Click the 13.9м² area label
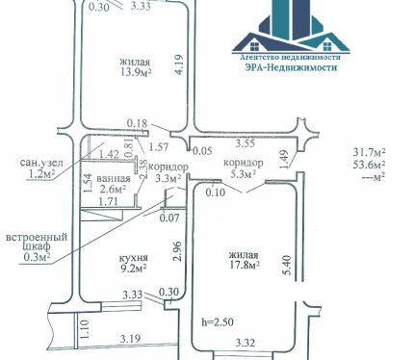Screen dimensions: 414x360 point(136,72)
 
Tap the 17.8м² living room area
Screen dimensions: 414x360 point(245,266)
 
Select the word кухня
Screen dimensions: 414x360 point(134,258)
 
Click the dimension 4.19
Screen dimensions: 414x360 point(179,64)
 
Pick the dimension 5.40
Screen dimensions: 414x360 point(287,265)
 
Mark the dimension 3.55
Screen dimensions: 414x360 point(246,143)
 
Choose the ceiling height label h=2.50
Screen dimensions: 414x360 point(218,321)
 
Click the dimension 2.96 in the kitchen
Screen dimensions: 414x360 point(177,251)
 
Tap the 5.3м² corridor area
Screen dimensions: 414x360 point(244,174)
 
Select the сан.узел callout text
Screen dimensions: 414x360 point(41,163)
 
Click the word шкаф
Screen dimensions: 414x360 point(37,247)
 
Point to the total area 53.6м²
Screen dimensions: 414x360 point(370,165)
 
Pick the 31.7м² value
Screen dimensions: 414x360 point(370,152)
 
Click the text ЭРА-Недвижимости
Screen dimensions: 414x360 point(291,67)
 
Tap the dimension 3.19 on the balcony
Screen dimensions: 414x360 point(130,339)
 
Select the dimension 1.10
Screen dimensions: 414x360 point(84,329)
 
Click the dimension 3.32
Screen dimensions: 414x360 point(246,343)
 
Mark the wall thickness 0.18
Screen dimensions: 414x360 point(137,123)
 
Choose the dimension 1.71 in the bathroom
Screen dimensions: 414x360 point(108,201)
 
